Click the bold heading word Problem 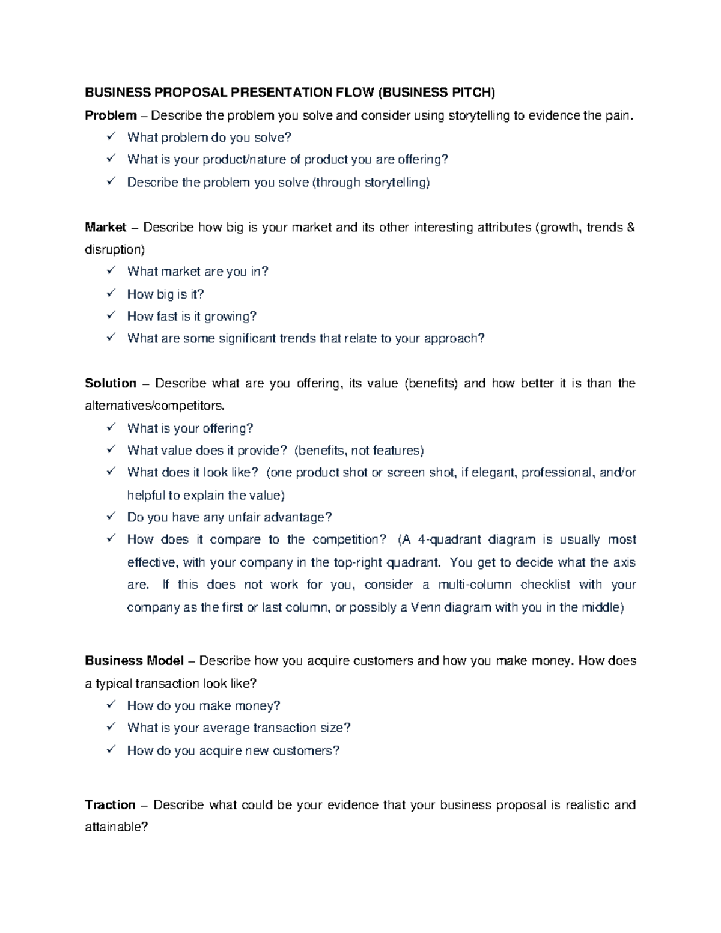click(x=111, y=115)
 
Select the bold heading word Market click(x=105, y=228)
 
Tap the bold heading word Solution click(x=111, y=383)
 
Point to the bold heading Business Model click(x=134, y=661)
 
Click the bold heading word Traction click(x=110, y=805)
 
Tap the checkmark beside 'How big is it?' click(x=111, y=293)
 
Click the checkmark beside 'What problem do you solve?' click(x=111, y=137)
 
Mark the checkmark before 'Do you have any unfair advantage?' click(x=111, y=517)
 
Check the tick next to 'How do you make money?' click(x=111, y=705)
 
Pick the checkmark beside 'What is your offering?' click(x=111, y=428)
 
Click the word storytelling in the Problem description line click(x=479, y=115)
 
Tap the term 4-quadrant click(x=449, y=539)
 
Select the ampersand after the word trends click(x=630, y=228)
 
